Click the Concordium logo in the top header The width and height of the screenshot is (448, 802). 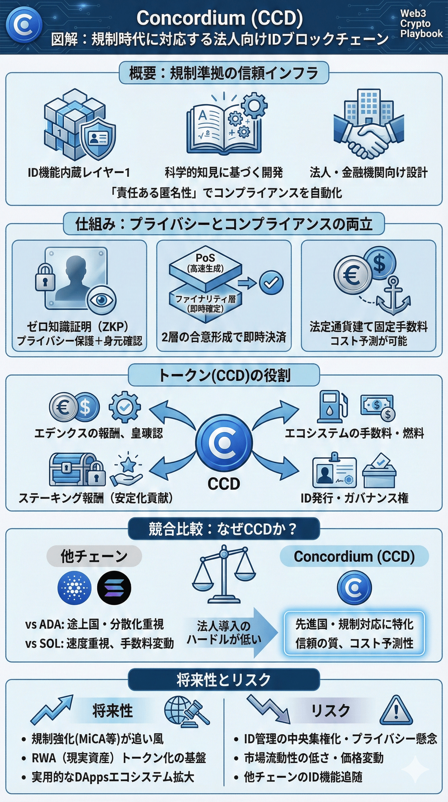click(x=24, y=25)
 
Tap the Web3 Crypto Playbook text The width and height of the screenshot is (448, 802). click(x=421, y=24)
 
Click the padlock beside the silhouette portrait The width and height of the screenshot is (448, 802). click(x=45, y=278)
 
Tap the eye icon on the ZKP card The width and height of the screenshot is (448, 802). click(x=101, y=300)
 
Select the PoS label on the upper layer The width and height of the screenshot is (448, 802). click(x=205, y=258)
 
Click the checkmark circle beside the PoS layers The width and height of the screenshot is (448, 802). click(x=271, y=282)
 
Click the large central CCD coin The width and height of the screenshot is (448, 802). click(x=224, y=442)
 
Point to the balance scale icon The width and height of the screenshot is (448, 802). click(x=224, y=574)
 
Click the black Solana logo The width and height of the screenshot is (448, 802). click(x=114, y=588)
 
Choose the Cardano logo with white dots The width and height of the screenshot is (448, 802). click(x=75, y=588)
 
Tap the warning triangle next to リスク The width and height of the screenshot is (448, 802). click(x=396, y=710)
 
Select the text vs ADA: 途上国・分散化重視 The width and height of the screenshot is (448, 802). click(x=94, y=624)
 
